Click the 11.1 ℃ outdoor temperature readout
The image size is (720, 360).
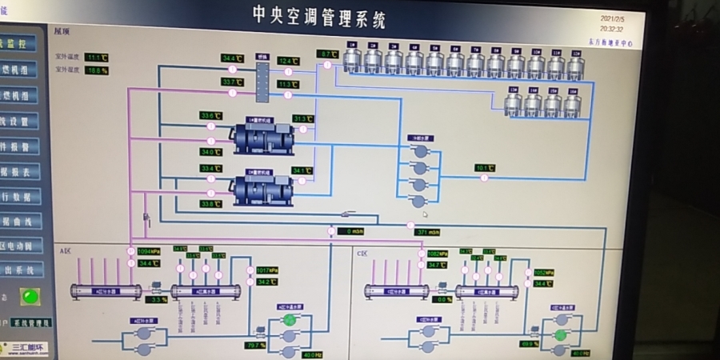[x=97, y=58]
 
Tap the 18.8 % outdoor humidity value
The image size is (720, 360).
[x=97, y=70]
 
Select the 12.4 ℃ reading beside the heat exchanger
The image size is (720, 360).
[x=288, y=61]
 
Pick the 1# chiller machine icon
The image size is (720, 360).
[x=262, y=137]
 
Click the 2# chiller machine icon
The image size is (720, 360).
[x=262, y=190]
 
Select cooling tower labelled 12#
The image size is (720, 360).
[x=576, y=65]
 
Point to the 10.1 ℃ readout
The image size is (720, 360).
[x=485, y=168]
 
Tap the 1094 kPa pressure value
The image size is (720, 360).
[x=150, y=251]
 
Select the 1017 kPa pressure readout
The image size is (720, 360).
[x=267, y=270]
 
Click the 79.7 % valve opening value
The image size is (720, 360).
[x=255, y=346]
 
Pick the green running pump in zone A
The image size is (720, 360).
[x=290, y=320]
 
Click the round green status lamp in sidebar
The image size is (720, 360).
[x=30, y=297]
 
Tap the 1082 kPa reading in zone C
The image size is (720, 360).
[x=438, y=253]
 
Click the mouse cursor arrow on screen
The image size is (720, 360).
[x=425, y=214]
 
